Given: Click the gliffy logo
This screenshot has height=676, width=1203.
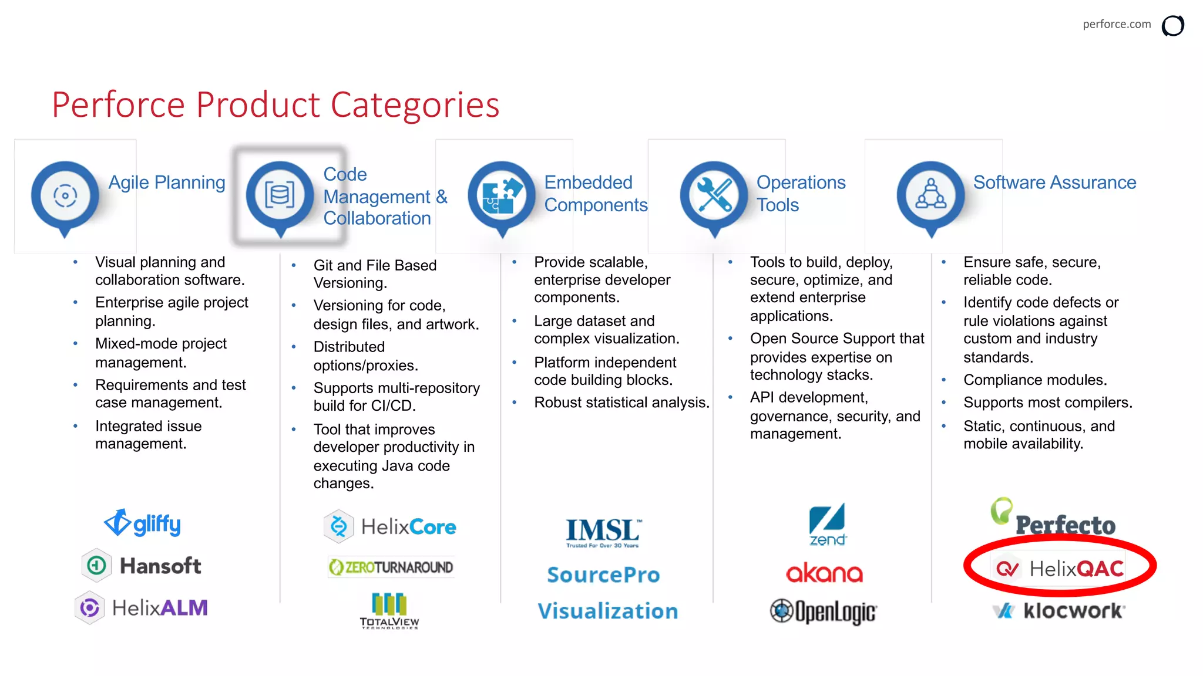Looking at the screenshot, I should (x=143, y=523).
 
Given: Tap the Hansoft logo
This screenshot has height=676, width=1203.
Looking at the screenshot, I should (x=142, y=566).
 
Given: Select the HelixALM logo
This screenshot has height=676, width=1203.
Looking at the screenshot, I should (x=142, y=608).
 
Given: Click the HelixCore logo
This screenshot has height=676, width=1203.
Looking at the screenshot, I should (x=390, y=526).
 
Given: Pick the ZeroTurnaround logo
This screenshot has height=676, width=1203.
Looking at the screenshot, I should (x=391, y=567).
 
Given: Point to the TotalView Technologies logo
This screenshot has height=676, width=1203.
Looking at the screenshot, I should (x=389, y=611).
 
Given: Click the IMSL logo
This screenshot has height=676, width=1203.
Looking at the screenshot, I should (x=603, y=532).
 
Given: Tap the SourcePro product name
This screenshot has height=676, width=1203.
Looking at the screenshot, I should (x=603, y=574).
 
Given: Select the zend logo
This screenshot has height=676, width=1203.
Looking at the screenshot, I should (x=827, y=524).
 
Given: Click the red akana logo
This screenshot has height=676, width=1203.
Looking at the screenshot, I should (x=825, y=573).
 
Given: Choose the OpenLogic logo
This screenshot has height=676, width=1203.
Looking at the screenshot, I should (x=824, y=611).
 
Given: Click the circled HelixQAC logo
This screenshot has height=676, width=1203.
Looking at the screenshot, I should (x=1060, y=568).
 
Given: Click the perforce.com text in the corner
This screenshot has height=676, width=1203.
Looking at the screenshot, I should (x=1117, y=24).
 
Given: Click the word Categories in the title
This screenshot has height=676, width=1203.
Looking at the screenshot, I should (x=415, y=104).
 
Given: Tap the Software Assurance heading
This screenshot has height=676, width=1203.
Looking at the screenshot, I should (x=1054, y=182).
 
